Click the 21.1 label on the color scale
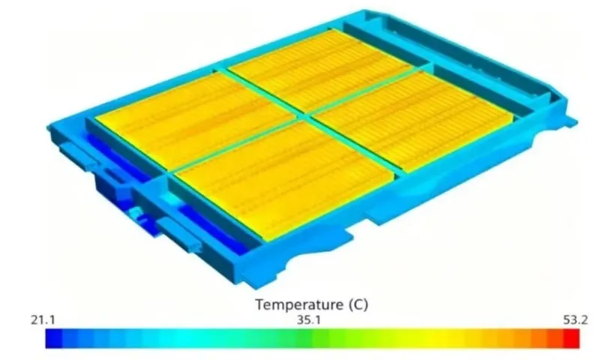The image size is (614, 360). (x=43, y=320)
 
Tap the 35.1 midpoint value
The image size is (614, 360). (x=309, y=320)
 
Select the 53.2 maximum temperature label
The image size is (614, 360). (x=575, y=320)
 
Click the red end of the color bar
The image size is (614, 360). (x=571, y=338)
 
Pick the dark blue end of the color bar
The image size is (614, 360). (x=54, y=338)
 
